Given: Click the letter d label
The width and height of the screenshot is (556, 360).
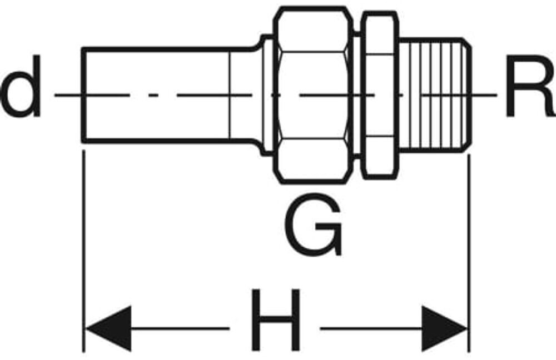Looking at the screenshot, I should tap(22, 87).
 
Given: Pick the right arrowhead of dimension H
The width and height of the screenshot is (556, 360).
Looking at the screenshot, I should tap(444, 328).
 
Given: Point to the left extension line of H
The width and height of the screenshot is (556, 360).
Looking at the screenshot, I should tap(84, 250).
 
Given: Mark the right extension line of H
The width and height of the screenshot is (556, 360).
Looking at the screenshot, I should tap(469, 250).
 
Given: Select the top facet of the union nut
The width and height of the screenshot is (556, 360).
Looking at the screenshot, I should tap(312, 30).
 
